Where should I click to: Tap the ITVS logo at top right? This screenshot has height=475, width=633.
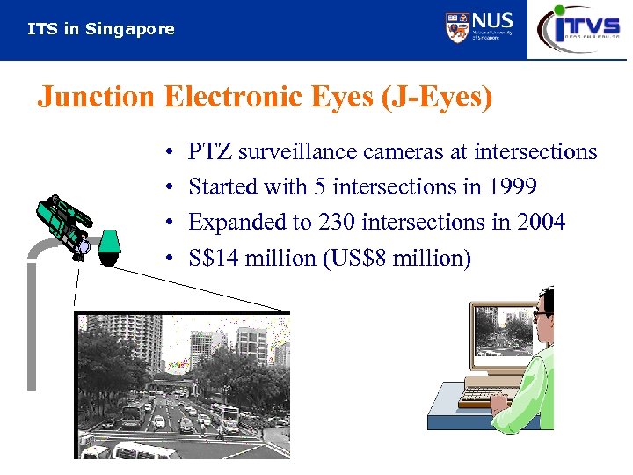[579, 28]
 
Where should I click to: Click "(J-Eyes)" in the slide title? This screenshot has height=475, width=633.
[436, 97]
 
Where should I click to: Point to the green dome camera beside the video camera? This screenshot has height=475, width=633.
[109, 245]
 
